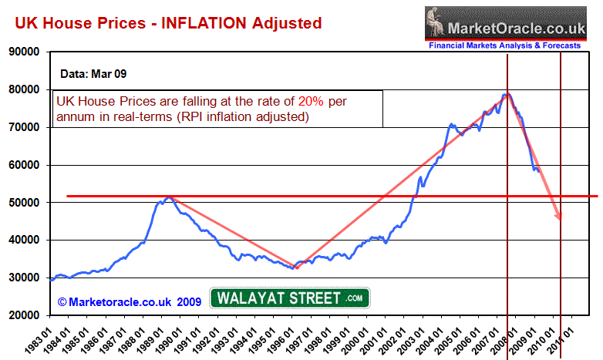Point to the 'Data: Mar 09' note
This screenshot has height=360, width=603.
pos(93,75)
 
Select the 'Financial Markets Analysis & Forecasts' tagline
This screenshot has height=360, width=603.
pos(505,46)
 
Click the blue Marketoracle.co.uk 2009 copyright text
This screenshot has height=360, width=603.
pos(130,300)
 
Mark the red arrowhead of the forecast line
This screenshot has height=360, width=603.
pos(558,217)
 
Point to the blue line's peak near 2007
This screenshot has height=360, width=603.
pos(505,95)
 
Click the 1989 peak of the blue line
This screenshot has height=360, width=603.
pos(167,198)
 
